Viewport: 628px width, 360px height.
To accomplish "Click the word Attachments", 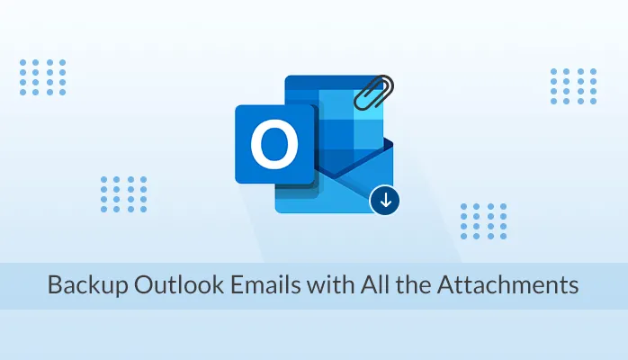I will coord(508,286).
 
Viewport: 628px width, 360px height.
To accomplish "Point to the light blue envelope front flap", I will coord(333,193).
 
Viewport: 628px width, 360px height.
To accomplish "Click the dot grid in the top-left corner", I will coord(42,76).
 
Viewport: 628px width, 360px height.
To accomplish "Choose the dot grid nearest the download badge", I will coord(483,220).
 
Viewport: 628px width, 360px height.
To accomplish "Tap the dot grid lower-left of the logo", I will coord(123,193).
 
